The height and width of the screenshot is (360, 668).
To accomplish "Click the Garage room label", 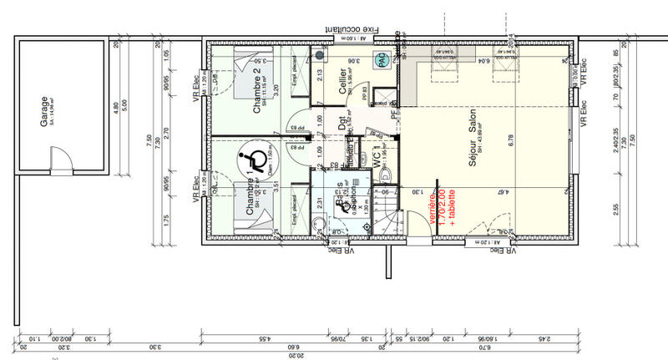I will [x=44, y=109].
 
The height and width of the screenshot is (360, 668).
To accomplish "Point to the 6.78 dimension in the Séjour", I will [x=511, y=142].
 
